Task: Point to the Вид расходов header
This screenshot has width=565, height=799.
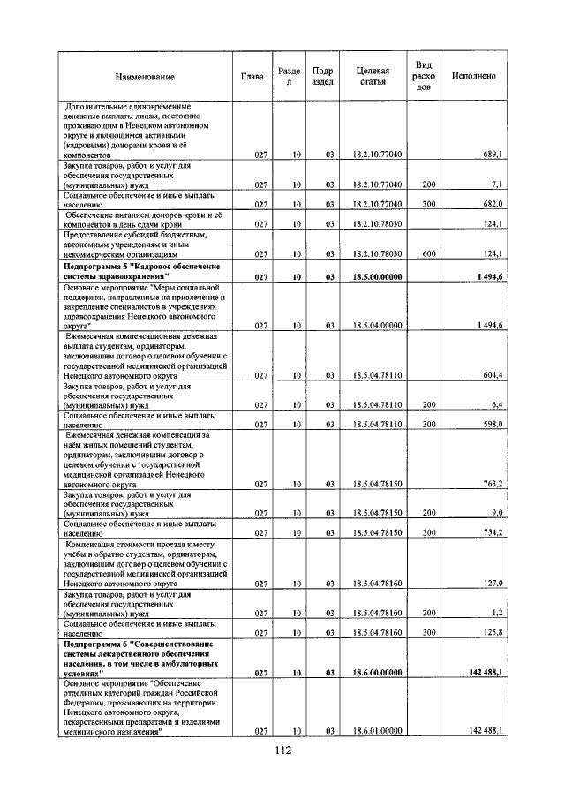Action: [424, 77]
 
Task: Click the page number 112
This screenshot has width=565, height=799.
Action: [282, 750]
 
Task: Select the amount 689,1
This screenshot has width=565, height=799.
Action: [490, 155]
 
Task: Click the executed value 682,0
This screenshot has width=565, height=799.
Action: [490, 205]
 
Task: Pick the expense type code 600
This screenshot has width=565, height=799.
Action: [429, 254]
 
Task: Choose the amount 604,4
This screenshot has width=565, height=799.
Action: [490, 375]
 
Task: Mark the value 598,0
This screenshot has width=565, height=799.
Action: [490, 426]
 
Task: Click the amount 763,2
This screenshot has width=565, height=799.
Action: [490, 485]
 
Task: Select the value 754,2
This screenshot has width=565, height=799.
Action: [490, 533]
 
